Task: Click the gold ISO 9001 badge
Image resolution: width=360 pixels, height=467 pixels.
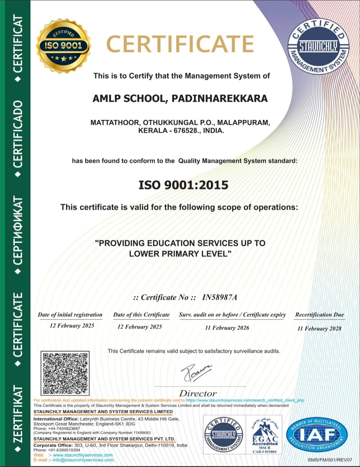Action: [x=63, y=46]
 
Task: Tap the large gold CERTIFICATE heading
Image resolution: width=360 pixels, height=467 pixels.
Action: [x=180, y=44]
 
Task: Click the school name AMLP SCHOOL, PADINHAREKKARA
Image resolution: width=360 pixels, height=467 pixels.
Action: [x=180, y=98]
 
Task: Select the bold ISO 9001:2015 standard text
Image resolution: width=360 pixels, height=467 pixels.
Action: [x=183, y=185]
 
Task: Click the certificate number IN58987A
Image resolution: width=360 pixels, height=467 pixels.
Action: [x=220, y=297]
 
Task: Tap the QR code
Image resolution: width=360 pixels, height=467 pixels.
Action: [x=65, y=373]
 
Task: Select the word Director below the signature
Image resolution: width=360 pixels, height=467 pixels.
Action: [x=198, y=394]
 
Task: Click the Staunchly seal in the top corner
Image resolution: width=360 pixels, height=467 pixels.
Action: [x=318, y=46]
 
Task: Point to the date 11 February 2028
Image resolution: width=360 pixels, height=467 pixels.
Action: [x=319, y=329]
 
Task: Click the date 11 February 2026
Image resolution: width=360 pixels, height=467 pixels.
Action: [x=227, y=328]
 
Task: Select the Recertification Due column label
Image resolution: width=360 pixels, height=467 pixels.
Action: [x=319, y=315]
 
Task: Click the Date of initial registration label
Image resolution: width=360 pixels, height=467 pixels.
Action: [x=70, y=315]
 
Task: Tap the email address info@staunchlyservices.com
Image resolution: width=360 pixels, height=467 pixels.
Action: [x=83, y=460]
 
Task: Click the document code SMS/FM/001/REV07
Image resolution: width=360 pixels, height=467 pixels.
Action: [x=330, y=460]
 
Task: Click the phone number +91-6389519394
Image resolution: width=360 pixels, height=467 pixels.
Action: [x=64, y=450]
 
